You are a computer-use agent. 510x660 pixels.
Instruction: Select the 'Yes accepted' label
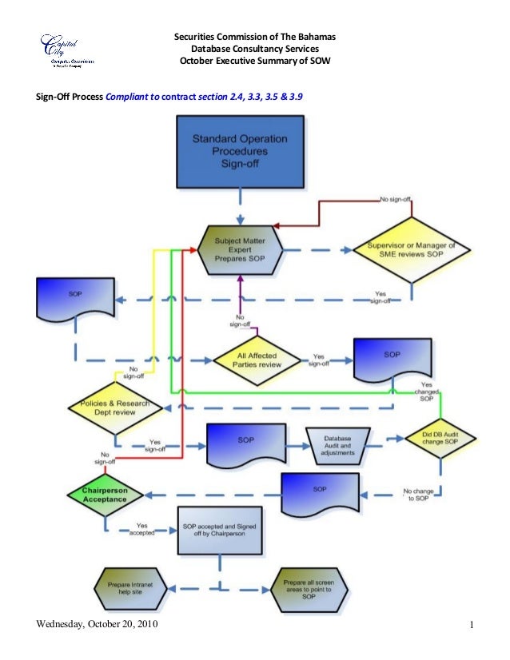coord(141,529)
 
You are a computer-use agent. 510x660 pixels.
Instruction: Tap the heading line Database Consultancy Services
coord(256,50)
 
